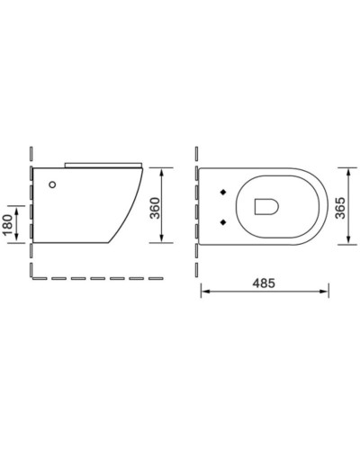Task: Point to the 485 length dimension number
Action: click(x=264, y=282)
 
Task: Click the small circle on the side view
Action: click(x=52, y=185)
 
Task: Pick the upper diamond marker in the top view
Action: click(x=221, y=192)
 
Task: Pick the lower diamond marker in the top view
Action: click(x=221, y=220)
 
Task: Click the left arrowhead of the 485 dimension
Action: click(x=202, y=291)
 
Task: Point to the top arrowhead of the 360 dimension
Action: click(x=162, y=170)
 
